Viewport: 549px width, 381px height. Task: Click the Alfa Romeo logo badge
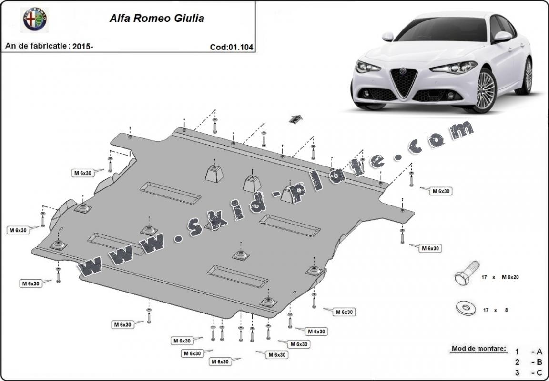pyautogui.click(x=36, y=19)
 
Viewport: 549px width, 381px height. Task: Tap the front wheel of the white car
pyautogui.click(x=486, y=90)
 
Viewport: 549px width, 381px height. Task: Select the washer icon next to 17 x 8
pyautogui.click(x=466, y=309)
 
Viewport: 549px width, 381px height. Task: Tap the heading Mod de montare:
pyautogui.click(x=478, y=349)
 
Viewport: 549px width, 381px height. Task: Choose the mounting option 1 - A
pyautogui.click(x=528, y=352)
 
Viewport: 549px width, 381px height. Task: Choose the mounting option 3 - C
pyautogui.click(x=528, y=372)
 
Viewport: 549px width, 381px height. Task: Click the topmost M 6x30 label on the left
pyautogui.click(x=82, y=173)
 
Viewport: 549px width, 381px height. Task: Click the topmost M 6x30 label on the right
pyautogui.click(x=441, y=191)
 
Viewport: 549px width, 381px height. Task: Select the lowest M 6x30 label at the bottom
pyautogui.click(x=220, y=361)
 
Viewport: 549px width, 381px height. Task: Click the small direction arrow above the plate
pyautogui.click(x=295, y=118)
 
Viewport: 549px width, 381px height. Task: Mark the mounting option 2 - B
pyautogui.click(x=528, y=362)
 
